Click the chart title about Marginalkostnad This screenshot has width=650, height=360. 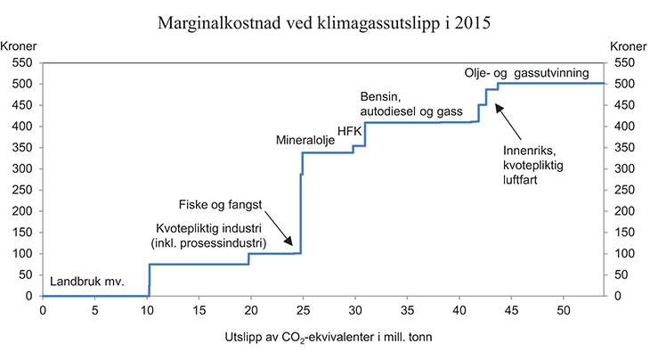click(324, 20)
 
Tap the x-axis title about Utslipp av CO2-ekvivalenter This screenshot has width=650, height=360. click(324, 340)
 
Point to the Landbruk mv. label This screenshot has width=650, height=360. click(86, 282)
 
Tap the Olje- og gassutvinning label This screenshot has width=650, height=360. click(526, 74)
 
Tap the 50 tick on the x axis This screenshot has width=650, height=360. click(564, 310)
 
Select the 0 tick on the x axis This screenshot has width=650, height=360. click(43, 310)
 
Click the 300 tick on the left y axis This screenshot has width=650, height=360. click(21, 168)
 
